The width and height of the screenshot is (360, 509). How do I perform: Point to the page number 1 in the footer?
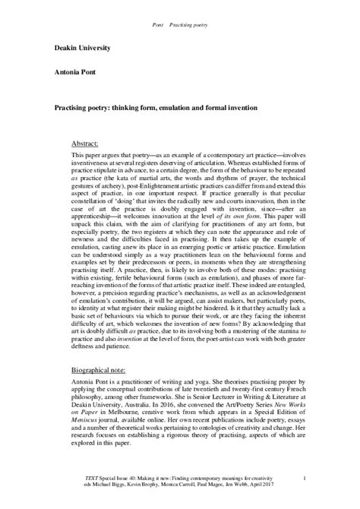[303, 477]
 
